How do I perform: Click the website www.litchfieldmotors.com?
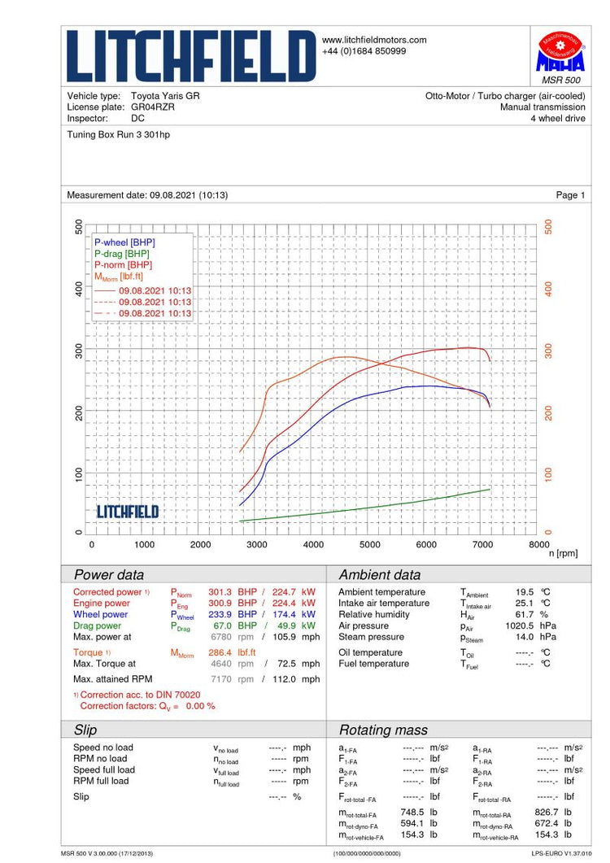coord(375,40)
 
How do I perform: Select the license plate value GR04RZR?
coord(153,107)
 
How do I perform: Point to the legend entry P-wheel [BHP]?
coord(124,242)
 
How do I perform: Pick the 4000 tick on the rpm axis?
coord(312,545)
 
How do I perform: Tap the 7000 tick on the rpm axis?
coord(482,545)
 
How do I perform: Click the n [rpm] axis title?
coord(563,554)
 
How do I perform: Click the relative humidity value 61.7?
coord(524,615)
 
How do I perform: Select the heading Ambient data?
coord(380,575)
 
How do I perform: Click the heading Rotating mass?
coord(383,730)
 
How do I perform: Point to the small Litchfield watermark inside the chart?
coord(128,512)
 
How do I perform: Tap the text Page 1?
coord(570,195)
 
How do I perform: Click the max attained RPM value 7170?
coord(221,678)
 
